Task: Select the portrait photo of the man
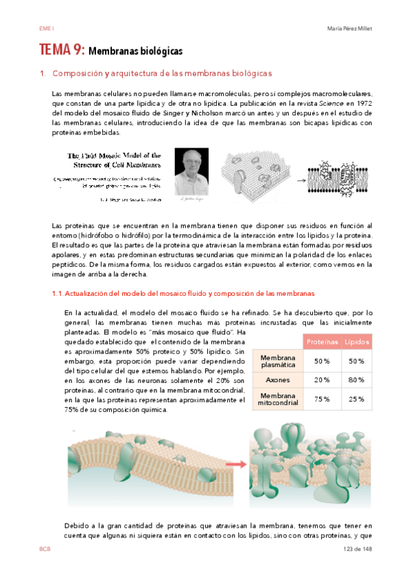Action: coord(191,172)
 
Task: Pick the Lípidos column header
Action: coord(357,341)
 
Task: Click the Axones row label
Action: coord(277,379)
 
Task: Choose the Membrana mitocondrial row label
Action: coord(277,399)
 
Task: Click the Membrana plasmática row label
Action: coord(277,361)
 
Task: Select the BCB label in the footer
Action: coord(45,550)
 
